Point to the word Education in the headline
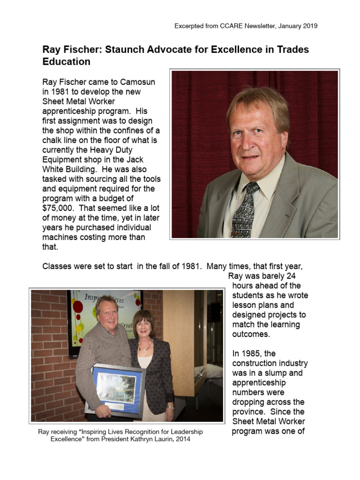click(x=66, y=62)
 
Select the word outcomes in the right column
click(x=251, y=334)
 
